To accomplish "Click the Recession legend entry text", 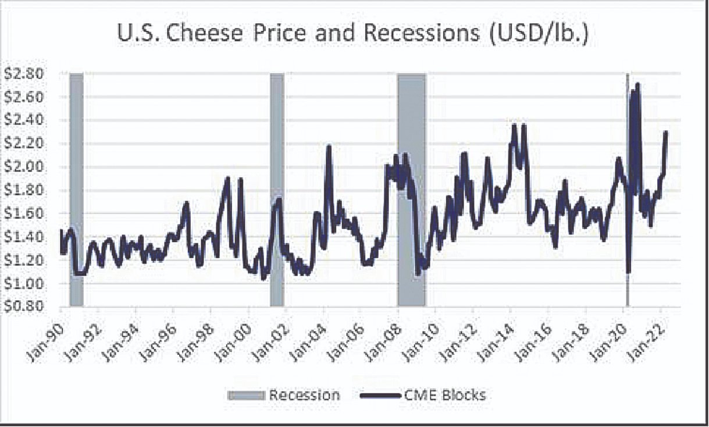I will click(x=304, y=396).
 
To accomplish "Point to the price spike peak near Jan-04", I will click(x=329, y=146).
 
